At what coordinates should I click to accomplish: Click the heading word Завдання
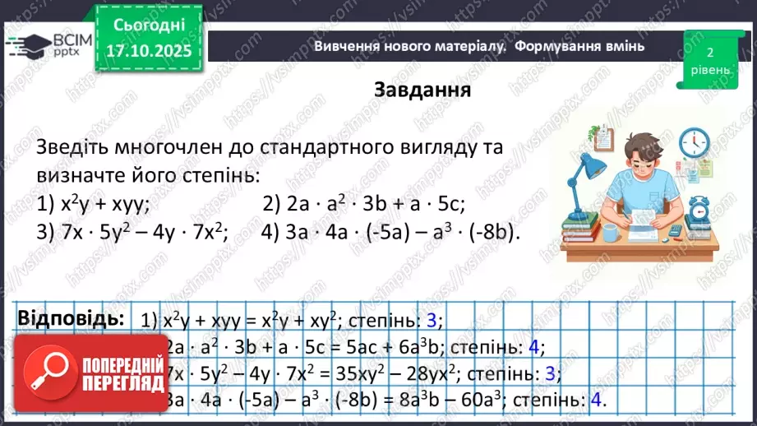422,89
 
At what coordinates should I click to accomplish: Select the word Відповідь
71,318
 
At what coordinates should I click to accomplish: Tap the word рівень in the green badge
709,69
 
